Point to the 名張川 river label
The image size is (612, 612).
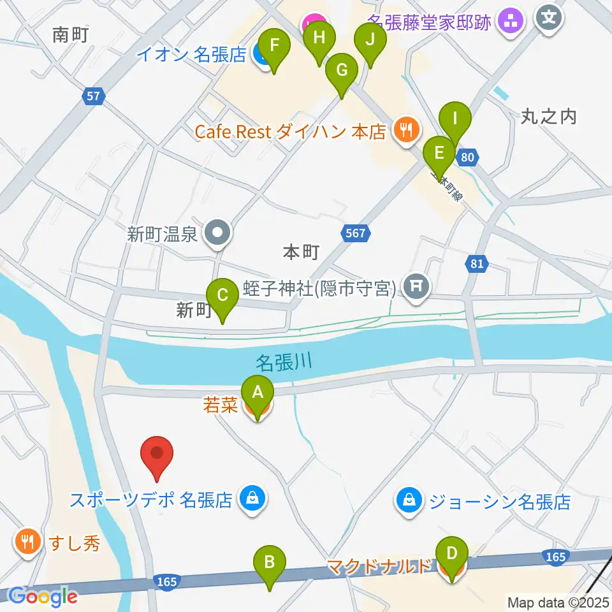click(284, 363)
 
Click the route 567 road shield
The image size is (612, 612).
click(356, 233)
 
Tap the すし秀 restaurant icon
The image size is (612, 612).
click(27, 543)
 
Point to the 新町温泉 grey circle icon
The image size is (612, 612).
click(217, 234)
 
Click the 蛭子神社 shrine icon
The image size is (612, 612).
click(416, 286)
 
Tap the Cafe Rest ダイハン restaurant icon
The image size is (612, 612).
click(405, 131)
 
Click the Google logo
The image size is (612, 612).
click(43, 597)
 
